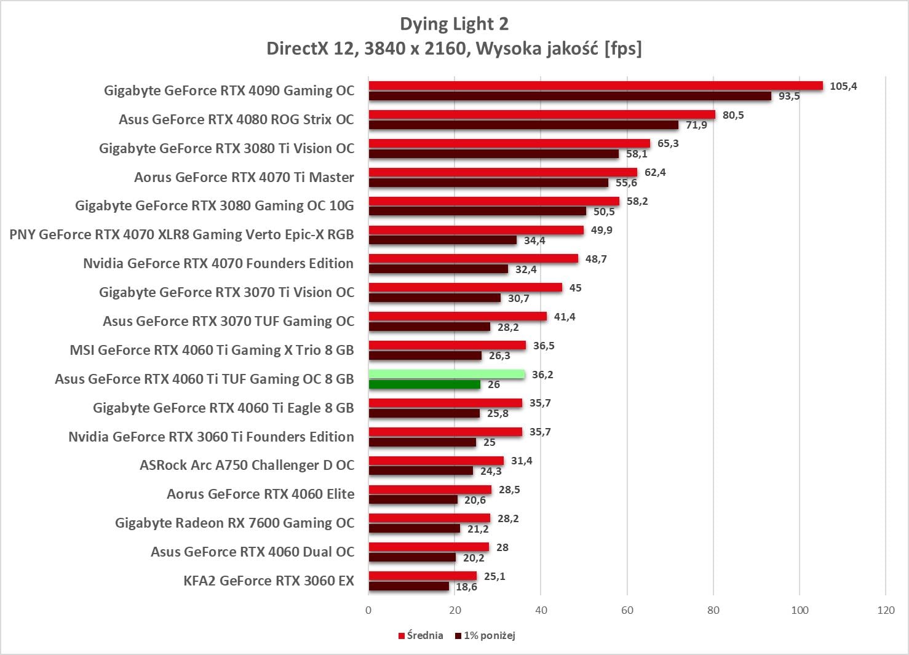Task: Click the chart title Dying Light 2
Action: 454,24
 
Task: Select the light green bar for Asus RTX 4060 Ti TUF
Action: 447,374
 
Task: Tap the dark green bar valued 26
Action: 424,384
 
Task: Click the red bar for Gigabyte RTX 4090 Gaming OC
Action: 595,85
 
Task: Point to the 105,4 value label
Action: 843,86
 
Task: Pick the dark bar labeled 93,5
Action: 570,96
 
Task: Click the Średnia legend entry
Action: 421,635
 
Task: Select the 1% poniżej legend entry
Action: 485,635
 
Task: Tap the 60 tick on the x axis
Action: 627,610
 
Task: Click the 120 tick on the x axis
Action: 886,610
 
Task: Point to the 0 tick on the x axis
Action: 368,610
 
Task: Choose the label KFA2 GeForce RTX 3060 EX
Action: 269,581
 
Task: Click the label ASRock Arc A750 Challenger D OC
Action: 247,465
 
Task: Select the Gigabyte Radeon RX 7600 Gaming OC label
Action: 234,523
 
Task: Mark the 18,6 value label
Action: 466,587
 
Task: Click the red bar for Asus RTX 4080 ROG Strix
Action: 542,114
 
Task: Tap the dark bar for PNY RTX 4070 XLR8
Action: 443,240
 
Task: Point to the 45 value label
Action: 575,288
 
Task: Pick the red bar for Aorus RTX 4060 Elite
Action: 430,490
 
